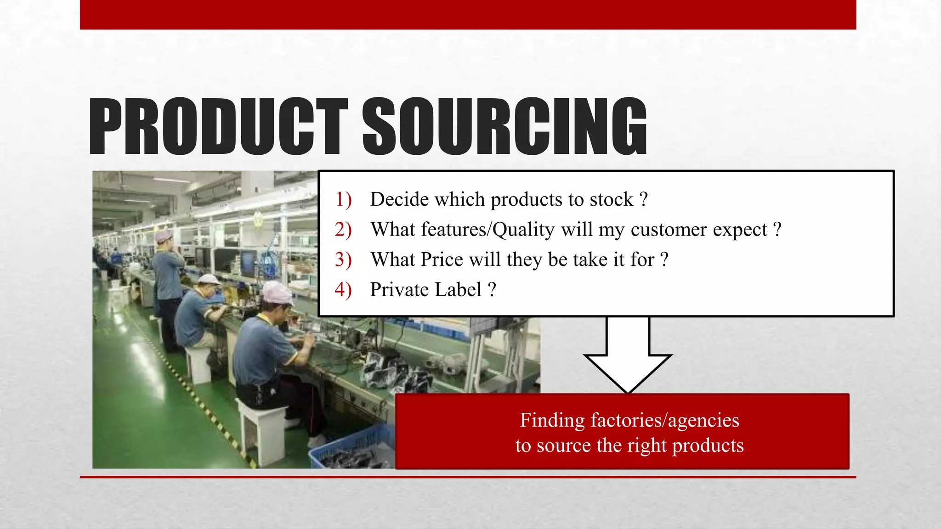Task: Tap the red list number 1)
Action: coord(343,199)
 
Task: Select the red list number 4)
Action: coord(343,290)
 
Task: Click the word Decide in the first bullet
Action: coord(399,199)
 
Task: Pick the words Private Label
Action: coord(425,290)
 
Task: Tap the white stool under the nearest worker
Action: coord(261,429)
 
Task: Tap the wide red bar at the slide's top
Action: coord(468,14)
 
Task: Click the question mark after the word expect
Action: coord(777,229)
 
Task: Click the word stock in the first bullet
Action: coord(611,199)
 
